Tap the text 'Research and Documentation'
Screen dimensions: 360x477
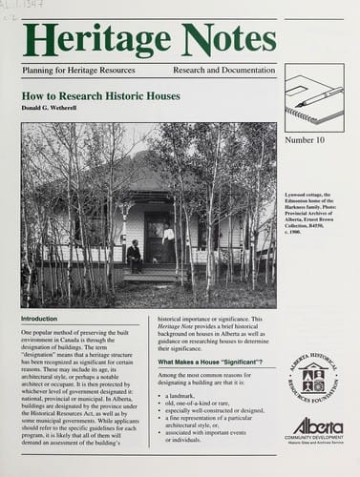click(224, 72)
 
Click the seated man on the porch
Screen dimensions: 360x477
click(134, 256)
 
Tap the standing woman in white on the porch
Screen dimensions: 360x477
click(168, 243)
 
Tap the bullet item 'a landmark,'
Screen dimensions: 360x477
click(186, 395)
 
